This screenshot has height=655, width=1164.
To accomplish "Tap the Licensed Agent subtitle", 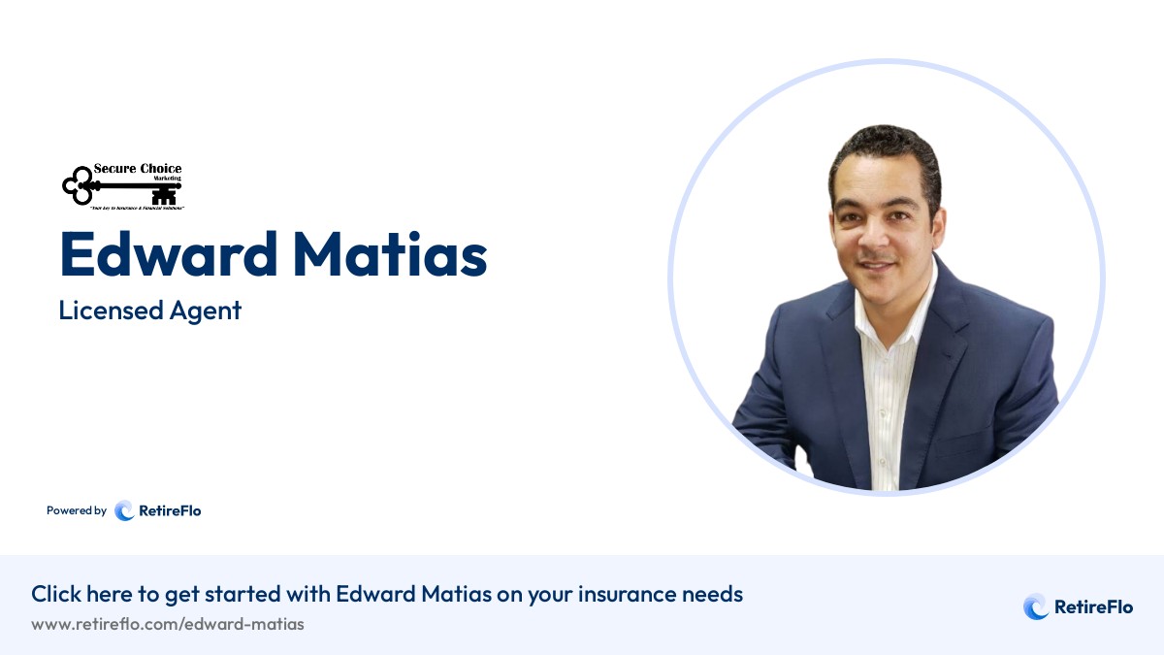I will point(149,311).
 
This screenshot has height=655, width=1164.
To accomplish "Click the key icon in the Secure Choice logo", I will point(97,184).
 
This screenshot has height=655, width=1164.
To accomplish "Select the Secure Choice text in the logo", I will point(137,169).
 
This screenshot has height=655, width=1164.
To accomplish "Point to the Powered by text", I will point(77,510).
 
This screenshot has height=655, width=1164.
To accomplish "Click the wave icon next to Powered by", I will point(124,510).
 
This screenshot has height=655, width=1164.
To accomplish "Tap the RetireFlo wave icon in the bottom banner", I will point(1036,607).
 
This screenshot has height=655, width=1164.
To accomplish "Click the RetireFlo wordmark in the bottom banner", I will point(1093,607).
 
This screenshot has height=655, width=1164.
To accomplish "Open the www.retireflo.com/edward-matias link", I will point(168,624).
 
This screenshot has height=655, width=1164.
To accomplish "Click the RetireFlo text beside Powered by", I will point(170,510).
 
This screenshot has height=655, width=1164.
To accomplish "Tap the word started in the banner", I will point(292,594).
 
